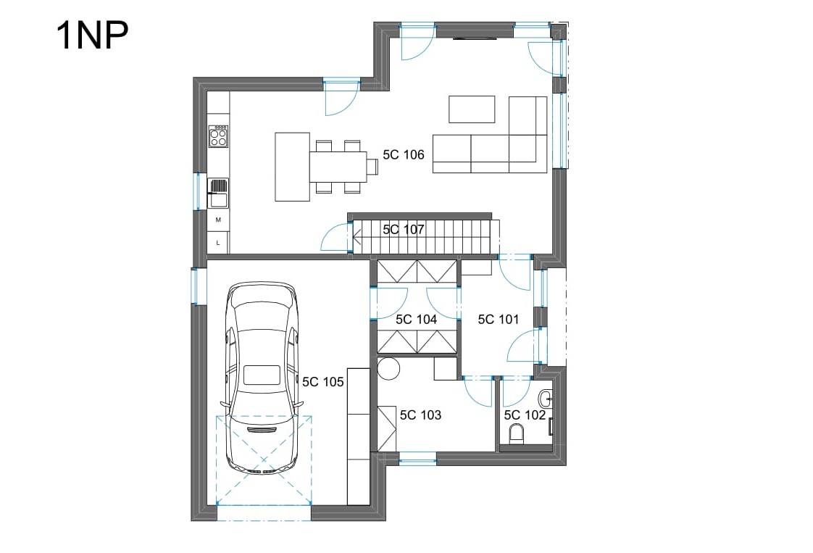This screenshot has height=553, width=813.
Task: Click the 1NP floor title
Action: [x=92, y=36]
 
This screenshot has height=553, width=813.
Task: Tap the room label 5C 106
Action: [x=404, y=154]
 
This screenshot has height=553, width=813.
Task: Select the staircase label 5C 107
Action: [x=404, y=229]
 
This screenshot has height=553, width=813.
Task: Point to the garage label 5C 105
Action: [x=323, y=382]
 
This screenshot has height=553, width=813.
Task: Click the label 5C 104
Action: [x=417, y=320]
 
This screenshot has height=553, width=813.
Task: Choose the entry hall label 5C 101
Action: [x=499, y=319]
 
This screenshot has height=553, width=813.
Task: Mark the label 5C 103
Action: [x=420, y=415]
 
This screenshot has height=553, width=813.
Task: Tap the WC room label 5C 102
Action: [x=525, y=415]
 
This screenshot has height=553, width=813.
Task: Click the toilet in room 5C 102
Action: [x=517, y=433]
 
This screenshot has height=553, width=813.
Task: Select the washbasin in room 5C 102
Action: [x=546, y=399]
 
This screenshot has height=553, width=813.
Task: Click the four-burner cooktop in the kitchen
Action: [x=218, y=136]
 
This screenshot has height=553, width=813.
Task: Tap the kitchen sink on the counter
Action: [x=218, y=193]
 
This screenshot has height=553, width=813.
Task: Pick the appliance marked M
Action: [x=218, y=220]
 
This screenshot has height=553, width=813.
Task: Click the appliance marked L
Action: [x=218, y=242]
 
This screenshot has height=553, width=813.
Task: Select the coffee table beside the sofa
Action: [x=472, y=109]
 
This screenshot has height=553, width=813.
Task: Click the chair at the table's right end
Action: [x=372, y=167]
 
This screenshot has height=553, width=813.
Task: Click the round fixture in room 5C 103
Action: [x=388, y=369]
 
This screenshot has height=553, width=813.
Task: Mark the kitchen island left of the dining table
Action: [x=293, y=167]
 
